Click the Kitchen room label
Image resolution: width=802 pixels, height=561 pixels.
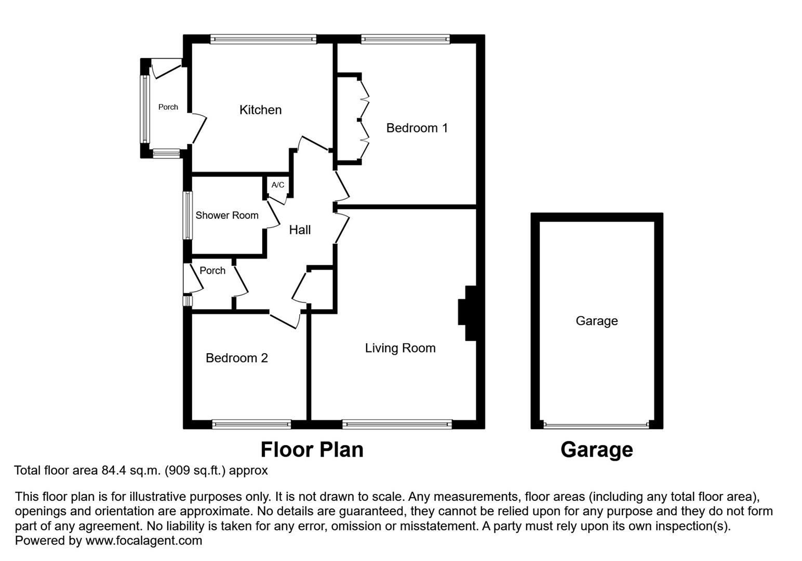pyautogui.click(x=260, y=110)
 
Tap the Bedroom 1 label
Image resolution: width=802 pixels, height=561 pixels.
pyautogui.click(x=417, y=128)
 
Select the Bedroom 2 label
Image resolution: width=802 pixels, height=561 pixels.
pyautogui.click(x=236, y=358)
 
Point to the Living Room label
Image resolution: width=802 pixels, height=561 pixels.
pyautogui.click(x=400, y=348)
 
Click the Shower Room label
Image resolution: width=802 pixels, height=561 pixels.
pyautogui.click(x=226, y=216)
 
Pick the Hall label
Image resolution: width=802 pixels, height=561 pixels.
pyautogui.click(x=300, y=230)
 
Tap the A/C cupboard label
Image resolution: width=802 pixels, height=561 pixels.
pyautogui.click(x=278, y=185)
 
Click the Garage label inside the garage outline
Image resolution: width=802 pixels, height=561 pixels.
pyautogui.click(x=596, y=321)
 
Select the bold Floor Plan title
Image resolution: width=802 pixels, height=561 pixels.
pyautogui.click(x=312, y=450)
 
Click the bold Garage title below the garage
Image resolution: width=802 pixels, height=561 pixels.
pyautogui.click(x=596, y=450)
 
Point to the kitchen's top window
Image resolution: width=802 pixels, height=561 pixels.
pyautogui.click(x=263, y=39)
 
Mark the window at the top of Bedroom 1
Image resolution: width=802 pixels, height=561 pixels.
pyautogui.click(x=405, y=39)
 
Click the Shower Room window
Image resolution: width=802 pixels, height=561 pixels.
pyautogui.click(x=188, y=216)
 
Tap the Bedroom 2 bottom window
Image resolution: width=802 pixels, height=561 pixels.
pyautogui.click(x=251, y=424)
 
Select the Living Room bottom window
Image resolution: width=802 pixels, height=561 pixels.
pyautogui.click(x=397, y=424)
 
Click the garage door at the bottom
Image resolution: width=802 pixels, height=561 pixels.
pyautogui.click(x=596, y=425)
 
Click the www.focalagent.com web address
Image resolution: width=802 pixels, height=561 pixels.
pyautogui.click(x=143, y=541)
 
